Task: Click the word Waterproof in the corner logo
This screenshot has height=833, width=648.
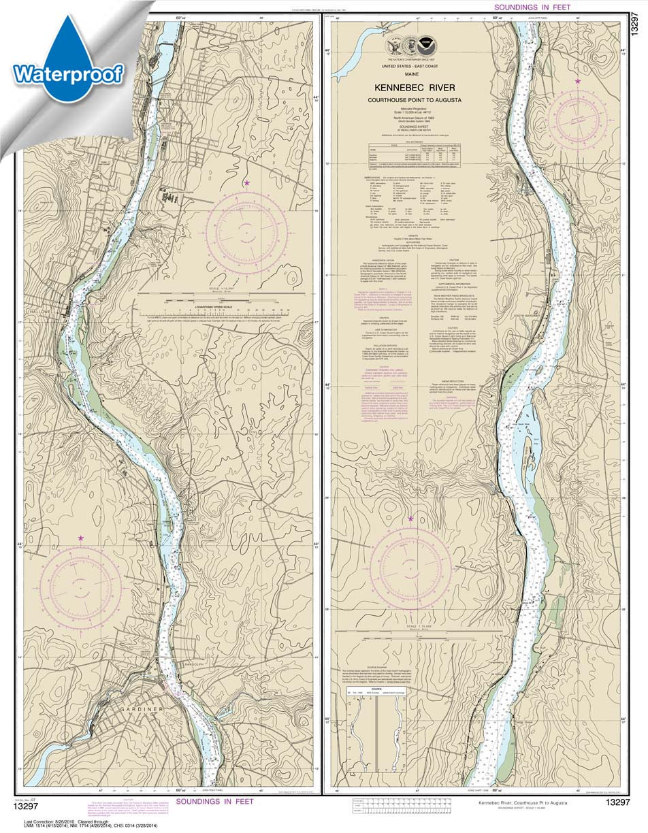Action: [x=67, y=73]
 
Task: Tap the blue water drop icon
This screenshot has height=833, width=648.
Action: [x=68, y=48]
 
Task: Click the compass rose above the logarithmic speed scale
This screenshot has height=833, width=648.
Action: [x=246, y=232]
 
